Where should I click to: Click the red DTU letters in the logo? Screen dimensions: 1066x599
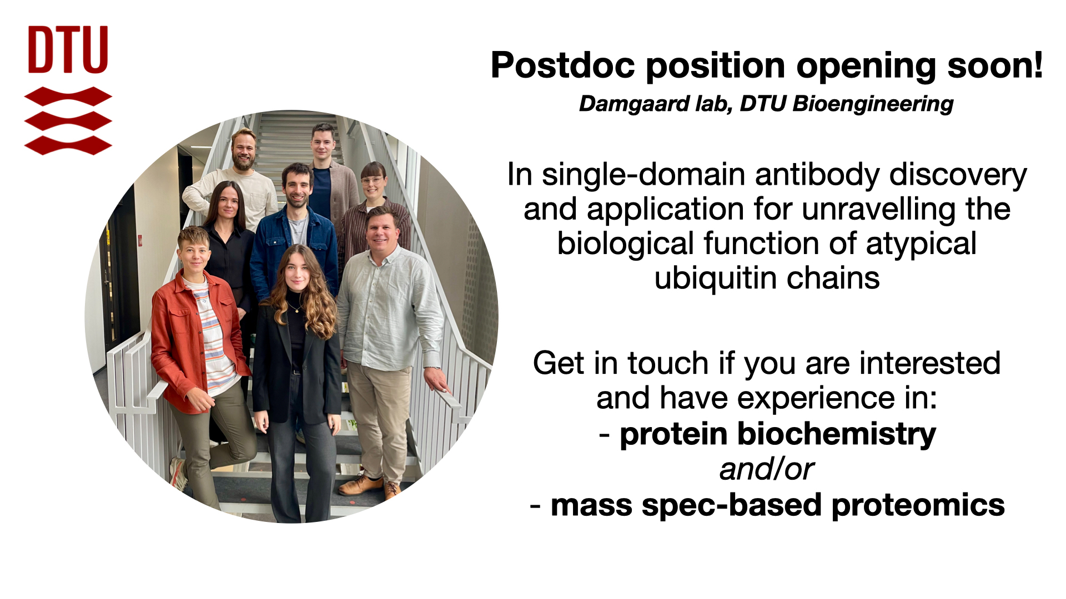pos(68,49)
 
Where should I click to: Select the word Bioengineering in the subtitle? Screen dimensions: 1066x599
pos(873,104)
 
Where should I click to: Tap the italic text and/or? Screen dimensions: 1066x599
pos(767,469)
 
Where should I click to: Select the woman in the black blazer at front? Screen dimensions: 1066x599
pos(297,377)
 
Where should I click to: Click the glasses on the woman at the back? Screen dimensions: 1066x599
pos(373,180)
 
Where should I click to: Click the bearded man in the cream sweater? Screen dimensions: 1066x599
pos(236,177)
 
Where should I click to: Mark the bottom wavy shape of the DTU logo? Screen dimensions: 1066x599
pos(68,145)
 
